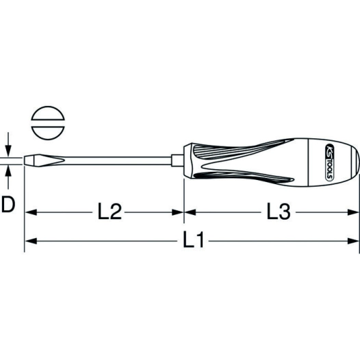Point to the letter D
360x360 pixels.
point(9,203)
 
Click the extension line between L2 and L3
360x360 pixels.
point(184,198)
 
